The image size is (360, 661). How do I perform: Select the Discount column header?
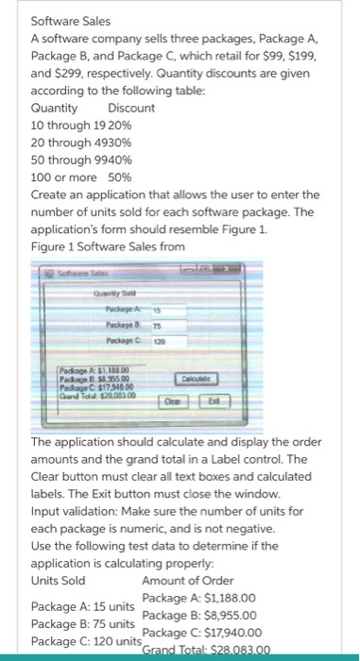[126, 108]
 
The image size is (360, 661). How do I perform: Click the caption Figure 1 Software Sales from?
[109, 246]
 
